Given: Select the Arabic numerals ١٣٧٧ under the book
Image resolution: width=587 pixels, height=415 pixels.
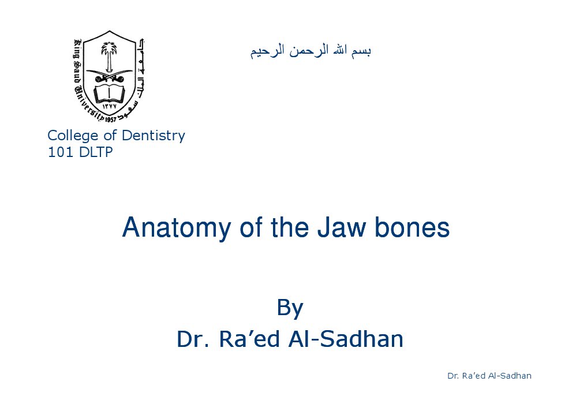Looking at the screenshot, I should pos(109,106).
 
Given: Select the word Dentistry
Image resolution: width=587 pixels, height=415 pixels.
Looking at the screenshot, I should pos(154,136).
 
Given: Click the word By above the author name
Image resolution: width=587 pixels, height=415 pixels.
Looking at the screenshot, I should pos(290,308).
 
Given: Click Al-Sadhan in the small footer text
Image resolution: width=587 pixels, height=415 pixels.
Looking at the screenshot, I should pos(510,376).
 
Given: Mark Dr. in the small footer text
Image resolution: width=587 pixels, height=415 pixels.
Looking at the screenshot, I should pos(453,376).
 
